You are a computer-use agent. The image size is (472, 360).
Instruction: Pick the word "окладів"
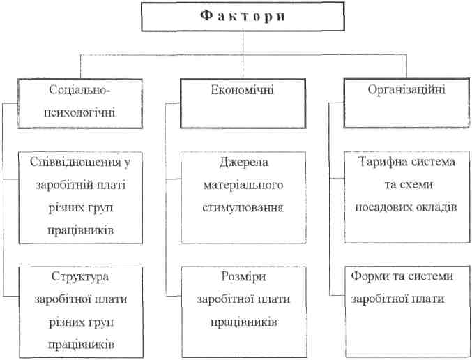point(437,207)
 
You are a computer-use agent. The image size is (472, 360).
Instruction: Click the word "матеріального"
point(243,185)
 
